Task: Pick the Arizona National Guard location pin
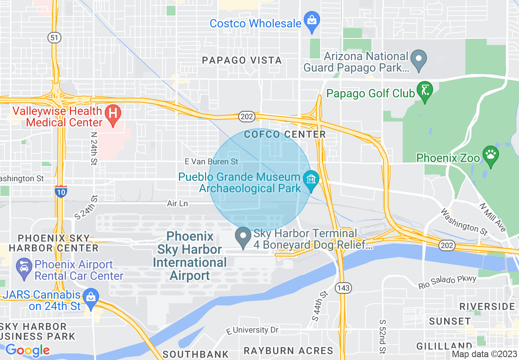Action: click(x=419, y=60)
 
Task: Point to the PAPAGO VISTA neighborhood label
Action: click(x=242, y=61)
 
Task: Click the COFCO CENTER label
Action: click(x=284, y=134)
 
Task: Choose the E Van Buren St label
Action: click(x=211, y=162)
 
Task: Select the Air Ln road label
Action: click(x=177, y=203)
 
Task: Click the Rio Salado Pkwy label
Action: click(x=447, y=283)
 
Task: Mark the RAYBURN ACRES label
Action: click(x=289, y=351)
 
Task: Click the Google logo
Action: click(x=27, y=350)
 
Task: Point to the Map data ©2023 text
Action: click(x=484, y=354)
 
